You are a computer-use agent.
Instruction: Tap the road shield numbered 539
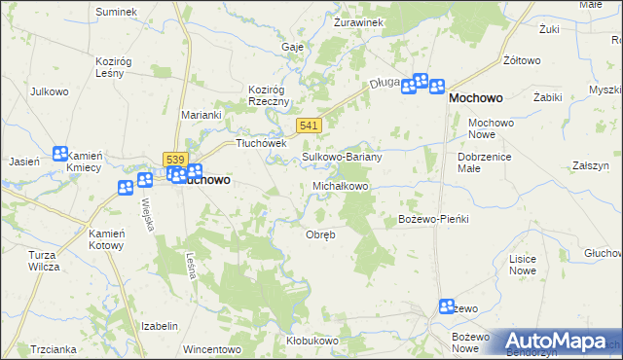(175, 159)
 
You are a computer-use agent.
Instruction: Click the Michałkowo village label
(340, 186)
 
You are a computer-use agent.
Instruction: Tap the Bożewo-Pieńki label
(434, 219)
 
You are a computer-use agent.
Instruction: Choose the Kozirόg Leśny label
(113, 67)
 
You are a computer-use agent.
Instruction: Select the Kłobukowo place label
(312, 341)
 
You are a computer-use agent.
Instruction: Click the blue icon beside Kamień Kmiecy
(60, 154)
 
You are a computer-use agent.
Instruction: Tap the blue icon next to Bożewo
(446, 306)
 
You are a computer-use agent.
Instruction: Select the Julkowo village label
(49, 93)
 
